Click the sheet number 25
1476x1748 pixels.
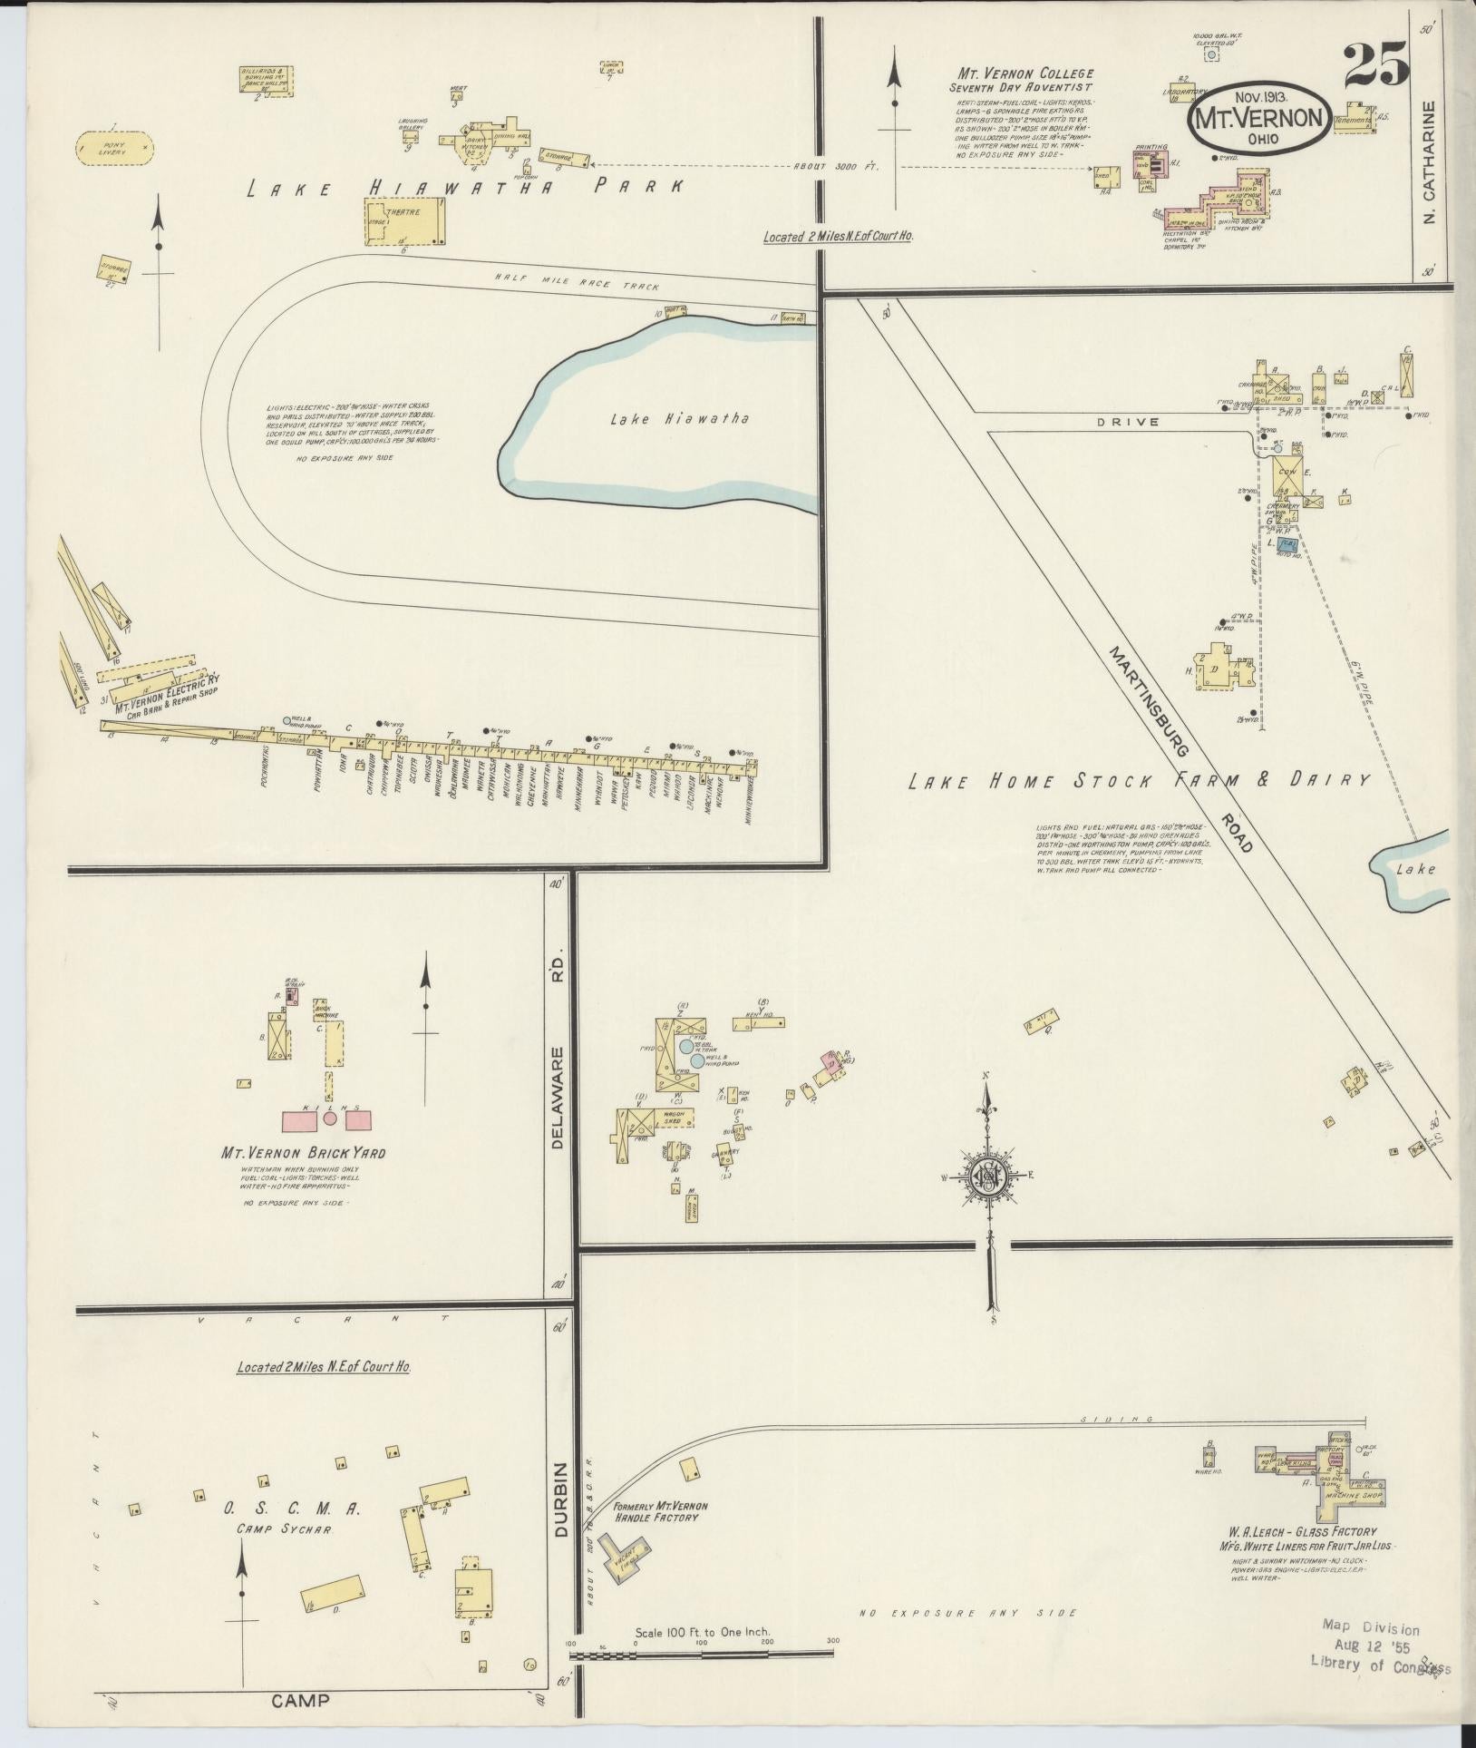(x=1375, y=64)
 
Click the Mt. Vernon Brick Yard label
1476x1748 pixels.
(x=304, y=1153)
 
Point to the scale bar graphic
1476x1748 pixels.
(x=701, y=1655)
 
